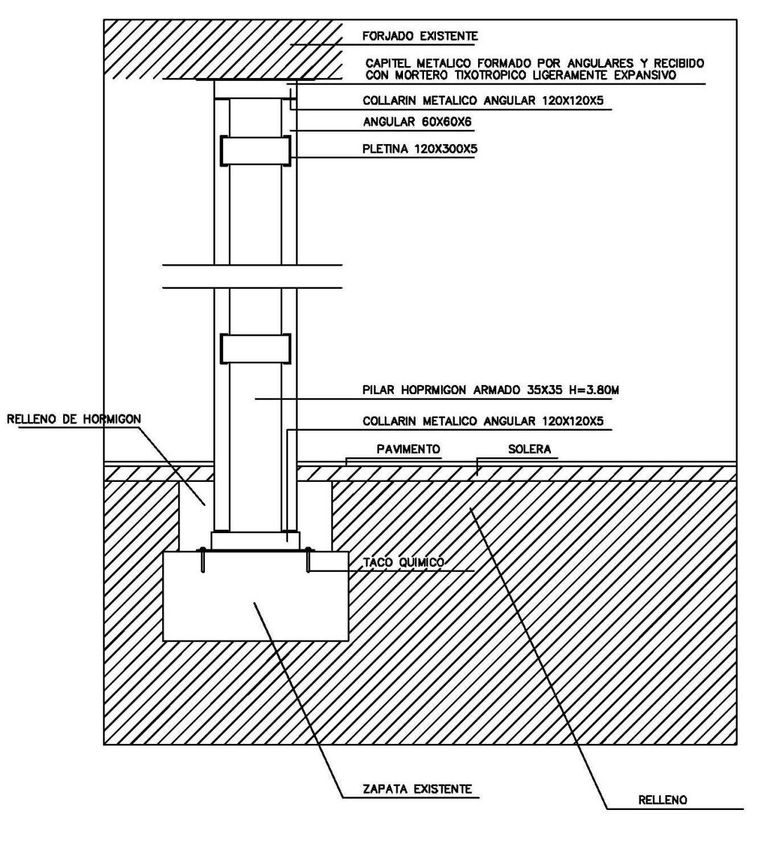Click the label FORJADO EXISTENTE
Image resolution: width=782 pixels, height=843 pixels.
[x=420, y=36]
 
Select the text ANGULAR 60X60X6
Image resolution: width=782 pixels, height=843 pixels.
[x=417, y=122]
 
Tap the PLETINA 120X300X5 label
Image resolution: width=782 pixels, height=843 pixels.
[x=420, y=149]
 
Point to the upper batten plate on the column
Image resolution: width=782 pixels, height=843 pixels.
[x=256, y=151]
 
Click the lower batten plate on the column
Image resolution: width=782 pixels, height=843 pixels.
[x=256, y=348]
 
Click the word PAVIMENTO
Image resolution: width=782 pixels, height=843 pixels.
[x=408, y=449]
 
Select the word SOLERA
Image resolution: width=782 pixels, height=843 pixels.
[x=529, y=449]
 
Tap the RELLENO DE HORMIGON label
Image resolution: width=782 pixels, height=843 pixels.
[x=74, y=419]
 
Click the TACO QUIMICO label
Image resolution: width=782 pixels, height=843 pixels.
[x=403, y=563]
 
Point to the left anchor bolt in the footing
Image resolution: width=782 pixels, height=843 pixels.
[x=202, y=561]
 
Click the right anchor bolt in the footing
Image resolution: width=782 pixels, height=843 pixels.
[x=308, y=561]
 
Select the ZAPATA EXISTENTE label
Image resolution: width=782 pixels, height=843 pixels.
[x=418, y=789]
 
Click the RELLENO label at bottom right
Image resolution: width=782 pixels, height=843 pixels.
[x=663, y=800]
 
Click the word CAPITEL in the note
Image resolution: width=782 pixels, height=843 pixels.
[x=388, y=63]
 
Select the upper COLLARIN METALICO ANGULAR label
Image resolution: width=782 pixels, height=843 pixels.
[x=483, y=100]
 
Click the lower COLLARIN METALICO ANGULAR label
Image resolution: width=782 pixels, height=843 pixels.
[x=483, y=421]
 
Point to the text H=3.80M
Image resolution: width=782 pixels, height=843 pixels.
[x=594, y=390]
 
